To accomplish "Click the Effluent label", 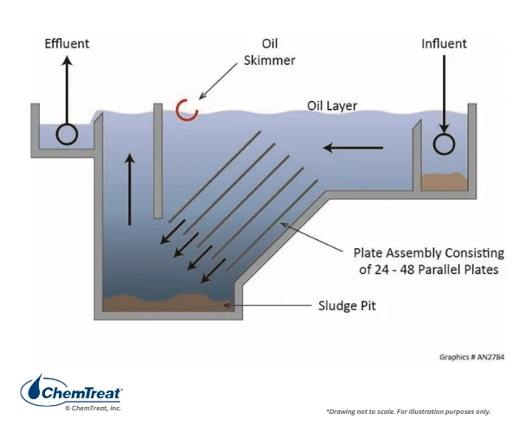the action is [x=67, y=43].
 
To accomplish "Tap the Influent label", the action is [x=444, y=43].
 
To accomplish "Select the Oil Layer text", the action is [x=332, y=105].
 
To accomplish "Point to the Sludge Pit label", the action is [x=347, y=306].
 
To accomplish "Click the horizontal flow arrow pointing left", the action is [x=353, y=148].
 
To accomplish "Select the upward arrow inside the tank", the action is [x=130, y=189].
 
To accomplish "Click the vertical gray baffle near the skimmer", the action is [x=158, y=161].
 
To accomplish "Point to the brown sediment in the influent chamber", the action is [x=445, y=181].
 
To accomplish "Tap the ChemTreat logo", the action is [x=72, y=390].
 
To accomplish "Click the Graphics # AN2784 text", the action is [x=471, y=357].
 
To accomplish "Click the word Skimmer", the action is [x=269, y=60].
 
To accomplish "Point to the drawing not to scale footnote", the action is [x=408, y=411].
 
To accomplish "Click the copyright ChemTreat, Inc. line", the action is [x=93, y=408].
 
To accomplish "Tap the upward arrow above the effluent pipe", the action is [x=67, y=90].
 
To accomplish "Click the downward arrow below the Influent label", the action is [x=445, y=94].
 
